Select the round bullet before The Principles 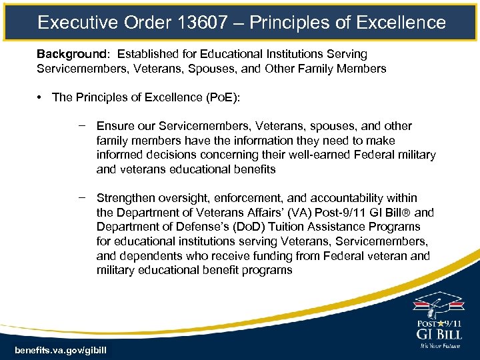(41, 97)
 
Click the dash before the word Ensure (81, 126)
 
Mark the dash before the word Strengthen (81, 198)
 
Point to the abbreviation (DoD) (248, 227)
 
